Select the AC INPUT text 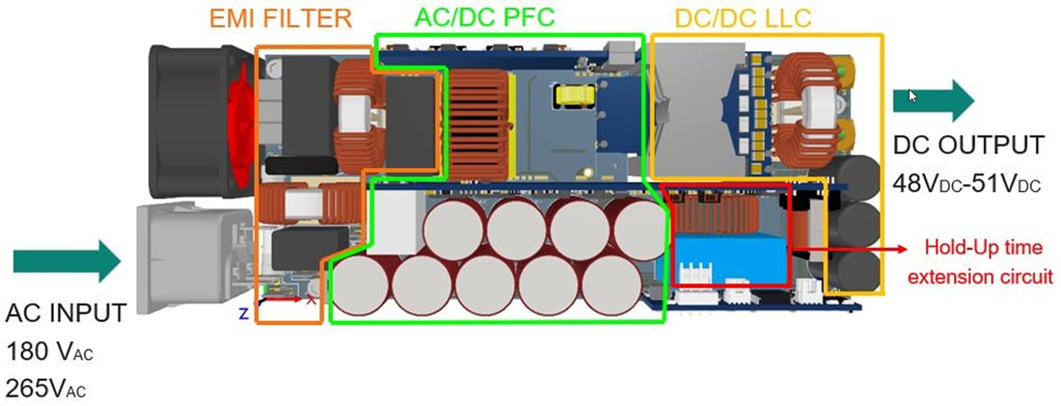pos(66,313)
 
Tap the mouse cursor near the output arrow pos(912,95)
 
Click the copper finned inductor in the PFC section pos(476,108)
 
